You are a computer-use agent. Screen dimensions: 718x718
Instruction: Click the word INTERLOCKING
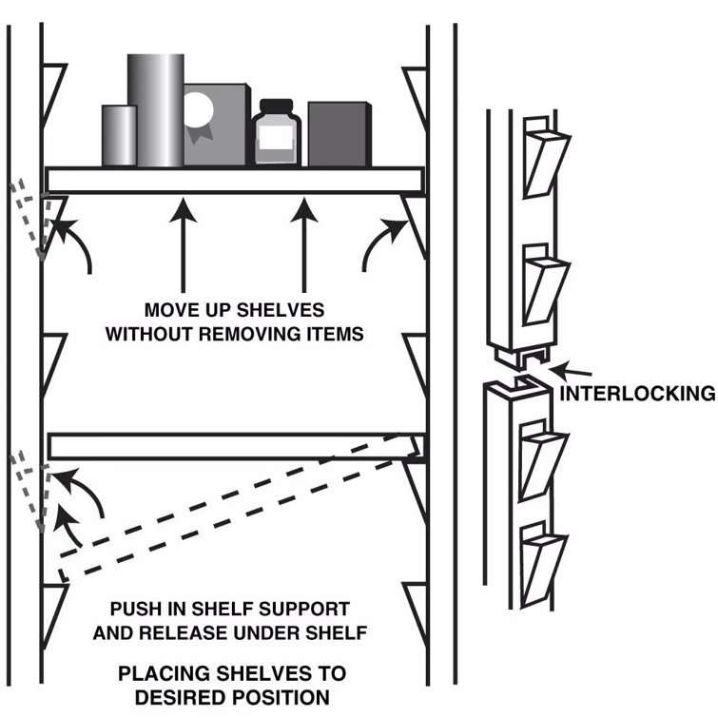[637, 394]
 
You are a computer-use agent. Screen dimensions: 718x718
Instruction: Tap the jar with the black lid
[276, 132]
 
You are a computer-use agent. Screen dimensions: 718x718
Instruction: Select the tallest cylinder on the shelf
[156, 110]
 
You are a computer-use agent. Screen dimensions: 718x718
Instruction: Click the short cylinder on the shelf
[119, 136]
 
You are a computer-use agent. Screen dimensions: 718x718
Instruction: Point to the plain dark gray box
[340, 134]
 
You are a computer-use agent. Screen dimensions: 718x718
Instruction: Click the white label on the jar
[276, 137]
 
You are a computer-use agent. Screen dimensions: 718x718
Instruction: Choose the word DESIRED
[175, 697]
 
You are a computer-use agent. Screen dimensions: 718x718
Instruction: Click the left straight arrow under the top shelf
[184, 245]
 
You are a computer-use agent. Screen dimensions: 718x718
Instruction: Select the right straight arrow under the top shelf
[304, 245]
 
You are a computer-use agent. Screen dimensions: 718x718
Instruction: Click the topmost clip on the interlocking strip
[545, 158]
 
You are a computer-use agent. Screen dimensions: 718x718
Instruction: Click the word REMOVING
[250, 334]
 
